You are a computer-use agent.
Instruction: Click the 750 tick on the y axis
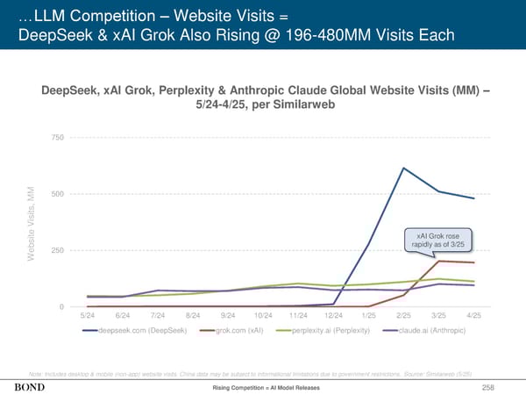click(57, 138)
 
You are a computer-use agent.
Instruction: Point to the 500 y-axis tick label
click(57, 194)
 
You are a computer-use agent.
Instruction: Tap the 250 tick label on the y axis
click(57, 251)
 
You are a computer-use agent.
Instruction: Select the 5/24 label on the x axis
click(88, 315)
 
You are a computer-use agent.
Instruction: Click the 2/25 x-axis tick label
click(403, 315)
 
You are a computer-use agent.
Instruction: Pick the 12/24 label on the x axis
click(333, 315)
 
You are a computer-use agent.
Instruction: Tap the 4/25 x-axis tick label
click(473, 315)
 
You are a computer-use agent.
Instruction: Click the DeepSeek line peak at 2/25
click(403, 168)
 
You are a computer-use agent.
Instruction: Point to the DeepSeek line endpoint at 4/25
click(473, 198)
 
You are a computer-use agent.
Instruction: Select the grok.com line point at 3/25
click(438, 261)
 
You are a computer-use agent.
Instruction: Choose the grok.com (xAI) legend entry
click(233, 330)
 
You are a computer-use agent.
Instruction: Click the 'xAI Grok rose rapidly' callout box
click(438, 240)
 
